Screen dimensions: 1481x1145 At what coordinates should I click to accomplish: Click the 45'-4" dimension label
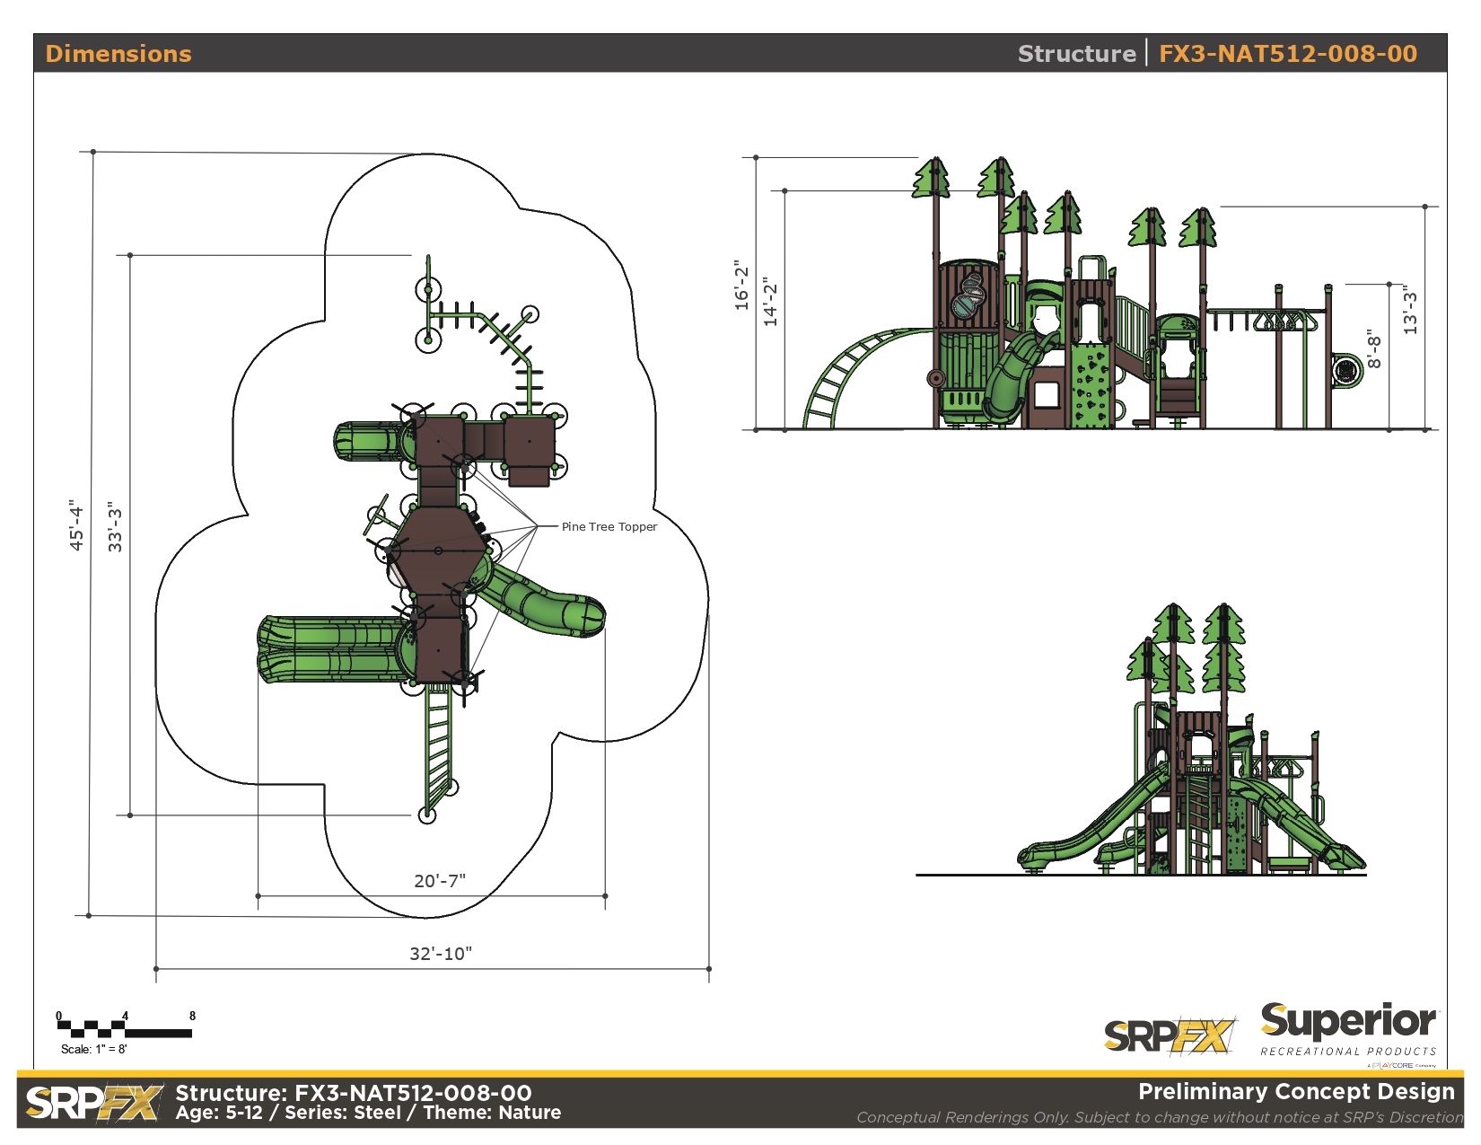click(76, 524)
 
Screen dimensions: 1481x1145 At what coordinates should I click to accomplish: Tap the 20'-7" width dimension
click(440, 881)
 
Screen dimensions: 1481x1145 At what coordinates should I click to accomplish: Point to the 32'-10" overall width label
click(441, 954)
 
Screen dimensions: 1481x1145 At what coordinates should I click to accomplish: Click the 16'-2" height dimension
click(741, 285)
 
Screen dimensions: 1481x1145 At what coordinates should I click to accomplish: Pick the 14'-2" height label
click(770, 302)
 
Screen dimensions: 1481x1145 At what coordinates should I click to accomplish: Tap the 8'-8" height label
click(1374, 349)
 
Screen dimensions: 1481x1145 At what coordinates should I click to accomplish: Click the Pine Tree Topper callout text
click(609, 526)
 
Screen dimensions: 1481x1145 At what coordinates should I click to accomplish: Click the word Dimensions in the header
click(118, 54)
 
